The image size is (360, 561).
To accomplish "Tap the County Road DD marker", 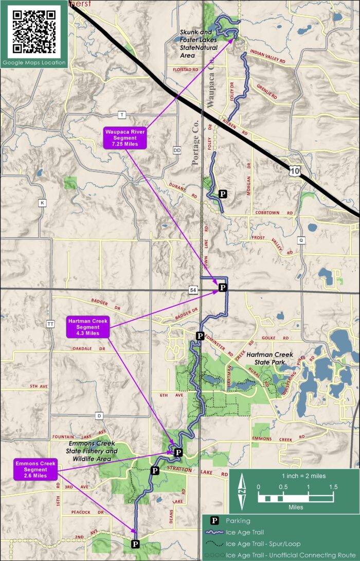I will pos(177,150).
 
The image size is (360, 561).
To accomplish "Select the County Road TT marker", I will pos(50,324).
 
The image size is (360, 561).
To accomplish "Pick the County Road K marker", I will pos(42,203).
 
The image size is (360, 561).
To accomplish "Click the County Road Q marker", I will pos(301,239).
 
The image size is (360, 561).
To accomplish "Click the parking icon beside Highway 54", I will pos(223,287).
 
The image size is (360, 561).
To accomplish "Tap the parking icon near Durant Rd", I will pos(223,194).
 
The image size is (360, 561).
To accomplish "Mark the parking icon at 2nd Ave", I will pos(135,544).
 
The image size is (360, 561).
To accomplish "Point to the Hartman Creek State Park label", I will pos(269,358).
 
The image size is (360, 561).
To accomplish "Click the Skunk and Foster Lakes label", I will pos(199,40).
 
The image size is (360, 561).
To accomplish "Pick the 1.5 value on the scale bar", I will pos(333,486).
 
